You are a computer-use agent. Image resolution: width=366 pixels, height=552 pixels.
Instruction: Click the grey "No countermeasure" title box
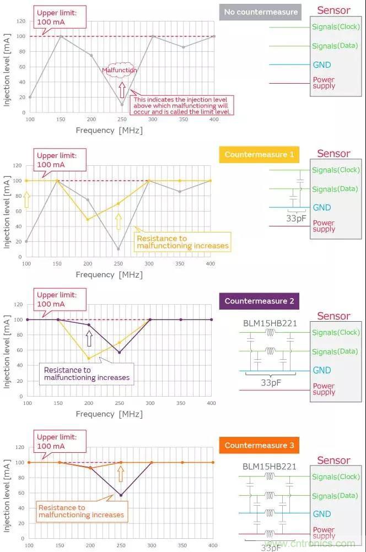point(261,12)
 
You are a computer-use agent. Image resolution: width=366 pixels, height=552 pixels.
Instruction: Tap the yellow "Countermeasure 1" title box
point(259,155)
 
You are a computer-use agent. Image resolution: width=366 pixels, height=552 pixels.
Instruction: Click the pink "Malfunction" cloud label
point(120,71)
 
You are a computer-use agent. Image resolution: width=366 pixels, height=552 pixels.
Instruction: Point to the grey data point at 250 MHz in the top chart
point(122,105)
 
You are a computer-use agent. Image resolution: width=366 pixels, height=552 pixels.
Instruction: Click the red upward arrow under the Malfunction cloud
point(122,89)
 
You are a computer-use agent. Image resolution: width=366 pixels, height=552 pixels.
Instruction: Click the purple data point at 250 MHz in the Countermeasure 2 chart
point(120,353)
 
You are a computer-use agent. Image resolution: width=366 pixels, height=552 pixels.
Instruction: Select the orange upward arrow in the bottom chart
point(121,473)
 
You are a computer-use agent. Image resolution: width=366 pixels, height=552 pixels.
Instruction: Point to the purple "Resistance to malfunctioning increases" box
point(87,374)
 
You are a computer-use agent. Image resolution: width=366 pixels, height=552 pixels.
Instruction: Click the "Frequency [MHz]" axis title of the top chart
point(109,131)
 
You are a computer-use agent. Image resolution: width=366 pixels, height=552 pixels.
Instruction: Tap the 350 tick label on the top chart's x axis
point(184,119)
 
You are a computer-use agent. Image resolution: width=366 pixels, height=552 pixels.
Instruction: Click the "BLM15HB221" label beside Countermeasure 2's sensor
point(270,323)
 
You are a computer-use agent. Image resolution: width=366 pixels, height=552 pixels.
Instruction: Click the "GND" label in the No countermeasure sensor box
point(322,65)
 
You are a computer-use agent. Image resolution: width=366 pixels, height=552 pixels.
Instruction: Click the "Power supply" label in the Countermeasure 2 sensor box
point(324,389)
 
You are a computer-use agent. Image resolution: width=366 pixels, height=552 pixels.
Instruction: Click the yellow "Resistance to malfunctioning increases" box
point(182,242)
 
